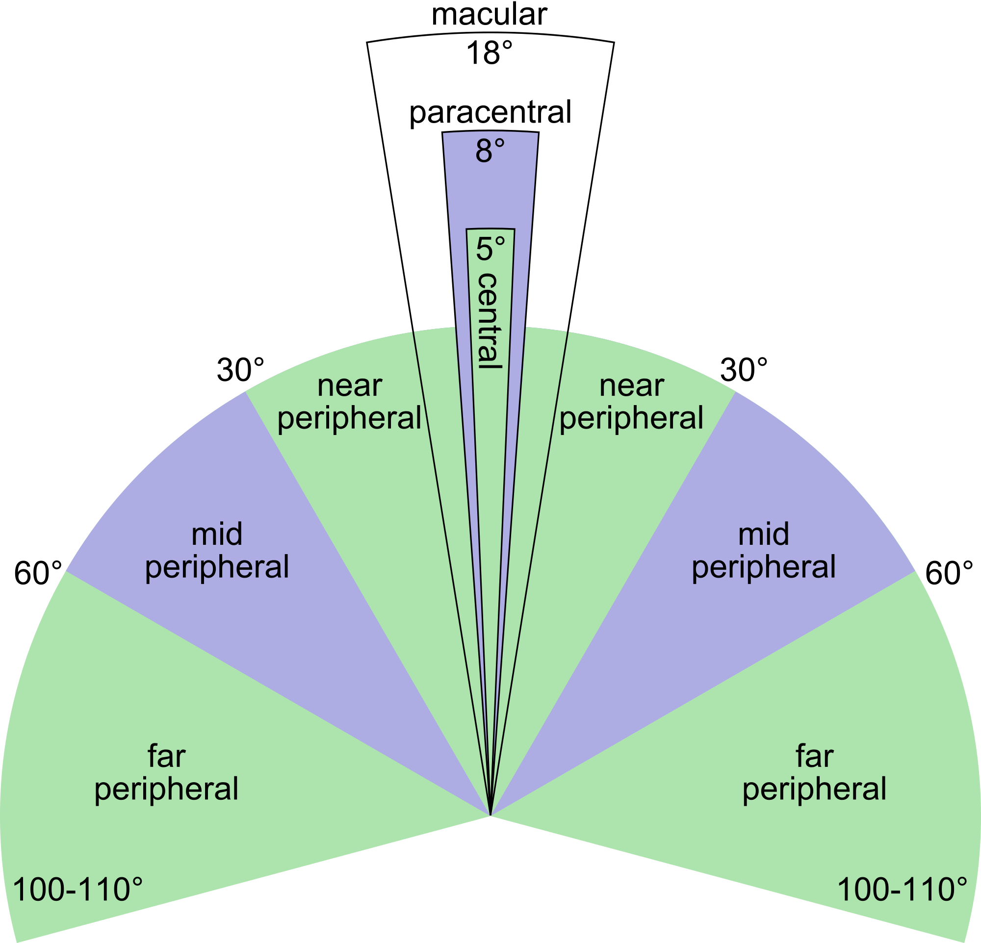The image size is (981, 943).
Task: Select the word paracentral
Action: coord(490,114)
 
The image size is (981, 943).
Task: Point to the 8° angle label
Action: coord(490,151)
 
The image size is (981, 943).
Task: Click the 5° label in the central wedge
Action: coord(490,249)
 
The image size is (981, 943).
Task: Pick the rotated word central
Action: coord(490,322)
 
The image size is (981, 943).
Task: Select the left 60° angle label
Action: coord(39,573)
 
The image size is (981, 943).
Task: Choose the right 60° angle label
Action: coord(950,573)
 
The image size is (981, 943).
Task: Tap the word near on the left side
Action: coord(350,387)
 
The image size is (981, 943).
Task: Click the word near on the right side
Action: coord(632,387)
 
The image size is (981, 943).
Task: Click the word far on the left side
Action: coord(167,755)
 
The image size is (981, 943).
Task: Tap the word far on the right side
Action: coord(814,755)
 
